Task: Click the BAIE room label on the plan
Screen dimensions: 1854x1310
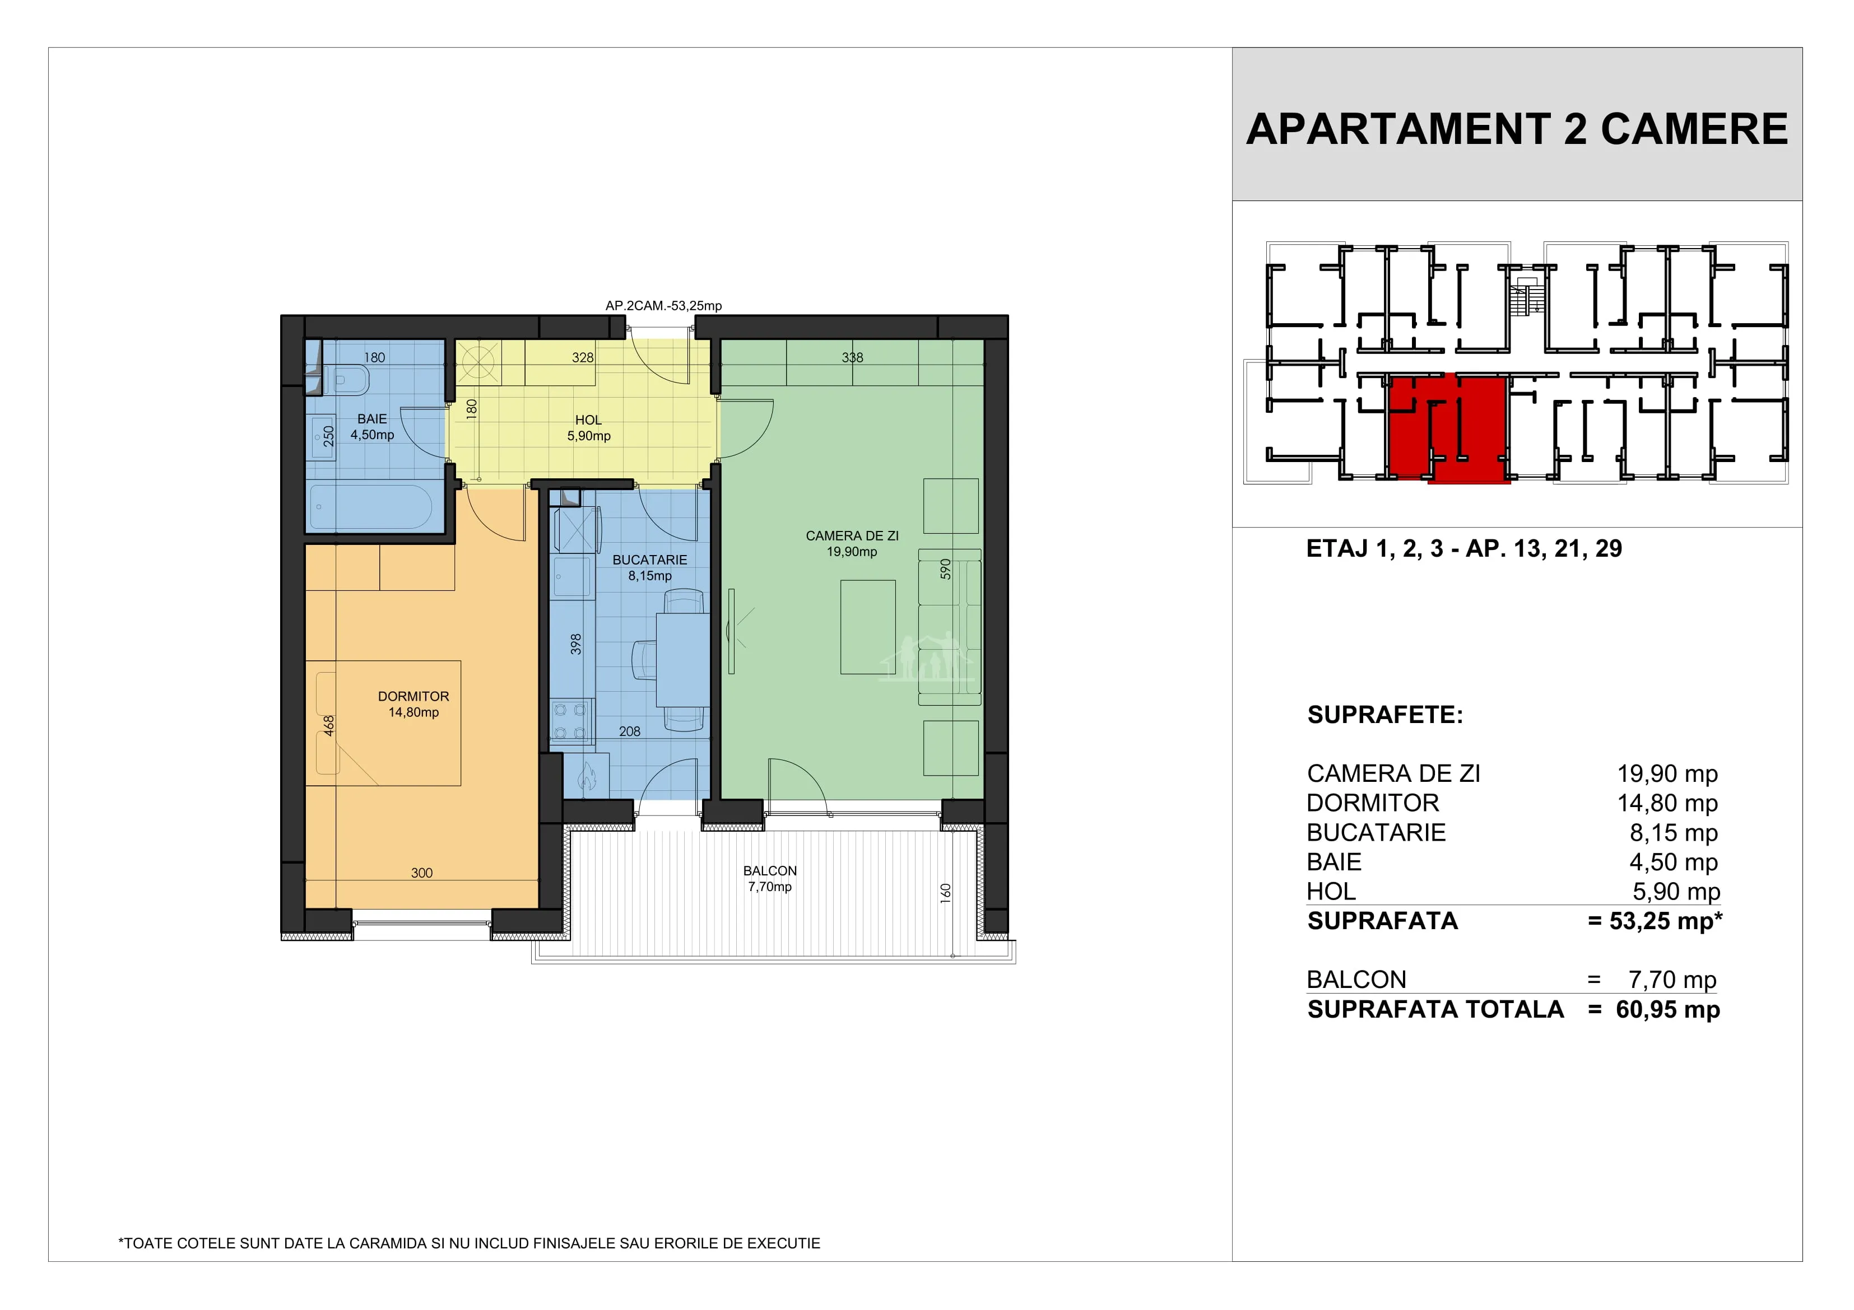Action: click(x=372, y=419)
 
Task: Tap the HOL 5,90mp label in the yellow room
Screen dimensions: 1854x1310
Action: click(x=589, y=428)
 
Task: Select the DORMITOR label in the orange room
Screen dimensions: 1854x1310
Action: click(x=413, y=696)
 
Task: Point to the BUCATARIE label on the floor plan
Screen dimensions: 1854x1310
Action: click(x=650, y=560)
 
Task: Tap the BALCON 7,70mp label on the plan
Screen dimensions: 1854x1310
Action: click(x=769, y=879)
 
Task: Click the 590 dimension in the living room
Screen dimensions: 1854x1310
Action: click(x=946, y=569)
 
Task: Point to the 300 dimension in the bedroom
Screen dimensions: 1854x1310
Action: click(x=421, y=873)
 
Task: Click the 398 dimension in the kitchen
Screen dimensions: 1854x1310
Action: click(x=576, y=644)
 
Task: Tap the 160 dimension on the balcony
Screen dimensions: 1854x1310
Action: click(x=946, y=893)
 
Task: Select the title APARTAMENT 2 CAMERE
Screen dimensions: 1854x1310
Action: click(x=1517, y=129)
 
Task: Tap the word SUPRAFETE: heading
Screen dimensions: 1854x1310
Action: click(x=1385, y=715)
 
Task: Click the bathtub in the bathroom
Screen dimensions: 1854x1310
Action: click(x=371, y=506)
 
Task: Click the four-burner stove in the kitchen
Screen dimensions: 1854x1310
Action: click(x=570, y=721)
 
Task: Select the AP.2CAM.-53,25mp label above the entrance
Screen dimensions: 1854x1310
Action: click(x=664, y=306)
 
